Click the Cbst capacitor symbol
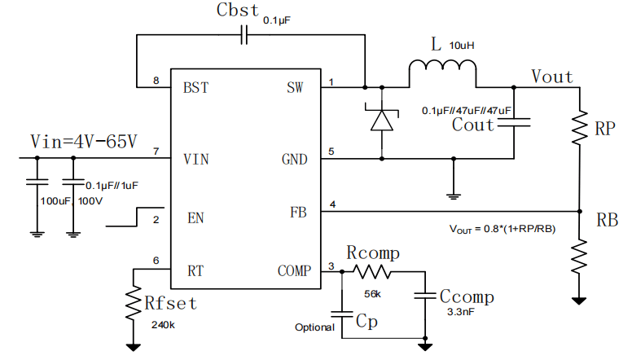[x=244, y=35]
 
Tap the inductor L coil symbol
[x=442, y=66]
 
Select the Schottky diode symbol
[x=382, y=120]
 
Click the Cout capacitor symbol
[x=514, y=122]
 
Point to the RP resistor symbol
[x=580, y=127]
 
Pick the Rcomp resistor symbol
[x=372, y=272]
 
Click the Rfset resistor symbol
[x=134, y=303]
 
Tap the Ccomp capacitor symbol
[x=425, y=296]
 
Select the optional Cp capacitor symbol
[x=342, y=314]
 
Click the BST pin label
[x=196, y=87]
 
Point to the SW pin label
[x=295, y=87]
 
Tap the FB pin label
[x=298, y=212]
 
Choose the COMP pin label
[x=294, y=270]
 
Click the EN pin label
[x=195, y=218]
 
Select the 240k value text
[x=163, y=325]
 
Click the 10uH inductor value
[x=462, y=46]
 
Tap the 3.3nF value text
[x=461, y=312]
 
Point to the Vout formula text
[x=503, y=229]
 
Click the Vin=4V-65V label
[x=84, y=141]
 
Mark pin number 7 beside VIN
[x=156, y=151]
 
